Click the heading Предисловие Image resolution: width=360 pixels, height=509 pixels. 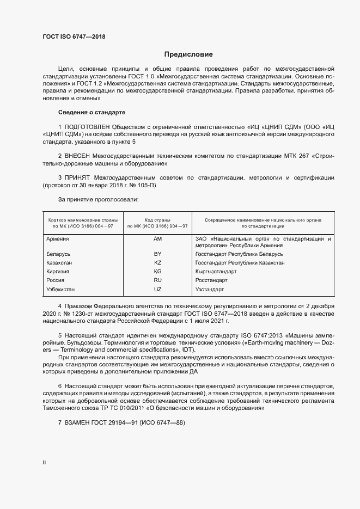click(x=189, y=54)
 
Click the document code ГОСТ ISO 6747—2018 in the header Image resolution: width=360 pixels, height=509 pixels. click(x=74, y=37)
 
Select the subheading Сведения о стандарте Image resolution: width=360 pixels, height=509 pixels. click(x=91, y=112)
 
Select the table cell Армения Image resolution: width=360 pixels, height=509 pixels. click(x=58, y=239)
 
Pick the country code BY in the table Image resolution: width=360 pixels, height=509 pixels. click(x=158, y=254)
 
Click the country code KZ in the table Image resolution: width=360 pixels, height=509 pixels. click(x=158, y=262)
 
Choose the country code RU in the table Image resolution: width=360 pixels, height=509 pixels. click(x=158, y=280)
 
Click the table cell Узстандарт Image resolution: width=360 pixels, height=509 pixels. click(x=210, y=289)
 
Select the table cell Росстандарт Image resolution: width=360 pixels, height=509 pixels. click(x=211, y=280)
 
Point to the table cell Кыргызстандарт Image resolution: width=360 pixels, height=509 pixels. click(x=216, y=271)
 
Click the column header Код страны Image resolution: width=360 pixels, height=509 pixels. click(x=158, y=220)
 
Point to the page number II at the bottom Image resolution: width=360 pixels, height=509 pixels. click(x=44, y=462)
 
